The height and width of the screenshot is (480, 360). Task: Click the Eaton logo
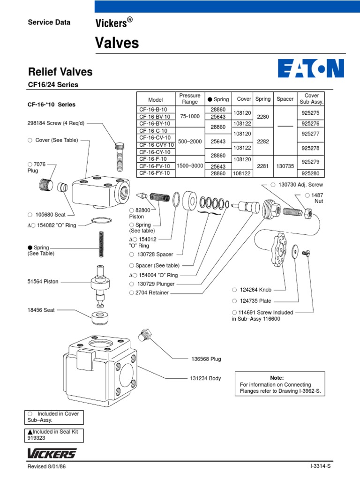311,68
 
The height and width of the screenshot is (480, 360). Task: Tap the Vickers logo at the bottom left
52,453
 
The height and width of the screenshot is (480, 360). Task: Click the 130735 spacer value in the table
285,165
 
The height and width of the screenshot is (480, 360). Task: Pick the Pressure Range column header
189,99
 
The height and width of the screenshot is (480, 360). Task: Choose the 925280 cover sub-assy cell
311,173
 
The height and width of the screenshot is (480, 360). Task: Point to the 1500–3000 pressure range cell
189,165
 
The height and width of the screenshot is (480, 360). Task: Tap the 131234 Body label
205,378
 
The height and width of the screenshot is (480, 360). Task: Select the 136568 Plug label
206,359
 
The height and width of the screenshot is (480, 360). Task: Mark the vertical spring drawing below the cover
101,244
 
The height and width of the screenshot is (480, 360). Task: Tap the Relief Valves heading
60,72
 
